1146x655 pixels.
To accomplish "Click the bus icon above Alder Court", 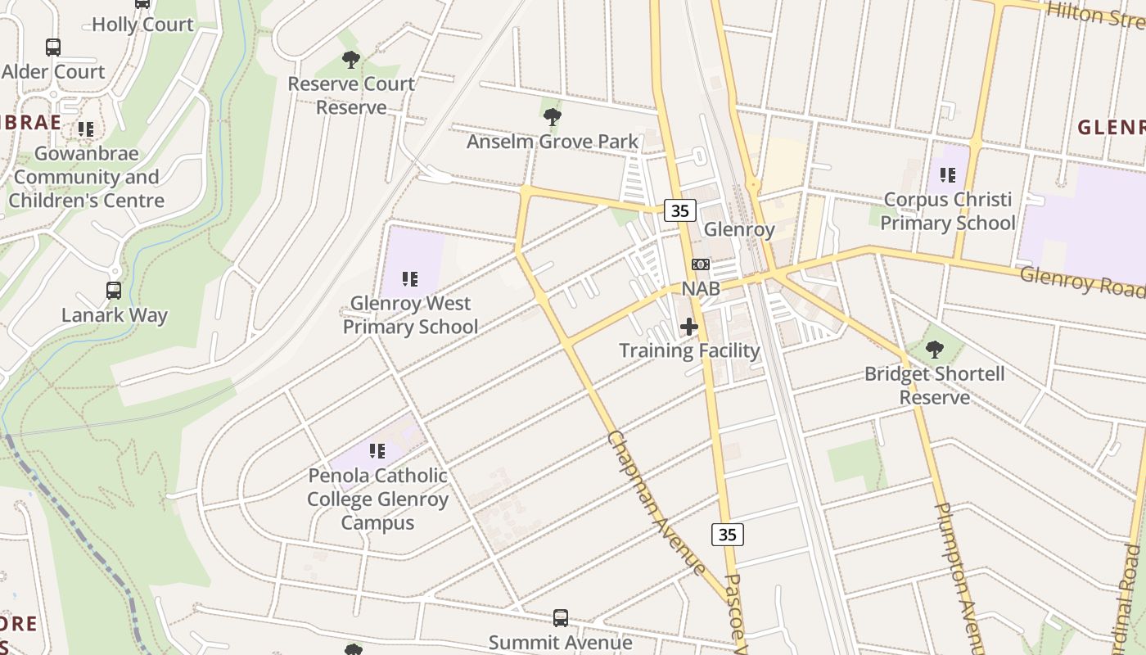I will pyautogui.click(x=53, y=47).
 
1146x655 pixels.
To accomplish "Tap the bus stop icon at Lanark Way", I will pyautogui.click(x=114, y=291).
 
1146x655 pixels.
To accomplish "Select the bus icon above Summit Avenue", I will pyautogui.click(x=561, y=618).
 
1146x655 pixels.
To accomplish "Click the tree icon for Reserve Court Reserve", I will pyautogui.click(x=351, y=60).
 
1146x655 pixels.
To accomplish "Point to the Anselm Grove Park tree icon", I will pyautogui.click(x=553, y=117).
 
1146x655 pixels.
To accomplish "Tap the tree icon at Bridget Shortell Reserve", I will pyautogui.click(x=934, y=350).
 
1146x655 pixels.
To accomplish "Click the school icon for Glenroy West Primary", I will pyautogui.click(x=410, y=279).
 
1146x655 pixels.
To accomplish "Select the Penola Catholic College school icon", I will pyautogui.click(x=377, y=451).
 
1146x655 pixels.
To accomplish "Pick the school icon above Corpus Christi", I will pyautogui.click(x=948, y=175).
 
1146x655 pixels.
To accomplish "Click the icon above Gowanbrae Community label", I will pyautogui.click(x=86, y=129).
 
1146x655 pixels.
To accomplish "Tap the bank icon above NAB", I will pyautogui.click(x=701, y=264).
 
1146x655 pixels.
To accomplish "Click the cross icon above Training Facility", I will pyautogui.click(x=689, y=327).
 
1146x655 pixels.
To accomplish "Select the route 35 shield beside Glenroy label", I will pyautogui.click(x=679, y=210).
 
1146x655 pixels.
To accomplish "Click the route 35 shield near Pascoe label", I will pyautogui.click(x=727, y=535).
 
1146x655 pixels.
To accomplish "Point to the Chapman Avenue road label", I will pyautogui.click(x=655, y=502).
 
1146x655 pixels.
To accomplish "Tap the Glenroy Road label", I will pyautogui.click(x=1081, y=281).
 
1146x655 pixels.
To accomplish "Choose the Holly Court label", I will pyautogui.click(x=142, y=25).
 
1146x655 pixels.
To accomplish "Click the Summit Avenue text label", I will pyautogui.click(x=561, y=643).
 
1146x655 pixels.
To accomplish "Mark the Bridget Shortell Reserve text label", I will pyautogui.click(x=935, y=386).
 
